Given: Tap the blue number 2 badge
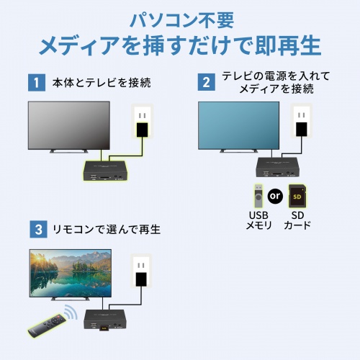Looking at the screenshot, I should (x=207, y=82).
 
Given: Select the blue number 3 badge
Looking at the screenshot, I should (x=36, y=230).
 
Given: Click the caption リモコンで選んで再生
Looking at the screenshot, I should (x=105, y=230).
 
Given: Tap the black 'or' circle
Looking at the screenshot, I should (x=274, y=195).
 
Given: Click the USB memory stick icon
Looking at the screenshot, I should (x=257, y=196).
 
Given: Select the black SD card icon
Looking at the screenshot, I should (x=297, y=196).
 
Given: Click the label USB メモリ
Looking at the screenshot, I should (x=258, y=220).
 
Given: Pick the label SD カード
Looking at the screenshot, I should (x=297, y=220).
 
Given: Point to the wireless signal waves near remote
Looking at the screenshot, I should (x=69, y=313).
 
